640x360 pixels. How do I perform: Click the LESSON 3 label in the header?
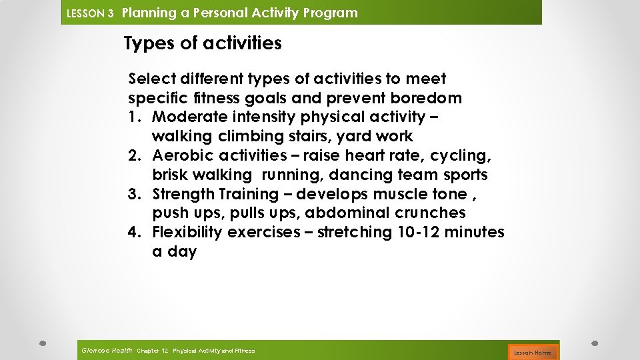tap(90, 13)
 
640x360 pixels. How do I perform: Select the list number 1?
tap(134, 117)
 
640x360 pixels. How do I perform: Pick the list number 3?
tap(134, 195)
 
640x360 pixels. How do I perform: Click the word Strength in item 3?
tap(183, 195)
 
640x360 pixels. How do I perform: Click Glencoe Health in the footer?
tap(106, 350)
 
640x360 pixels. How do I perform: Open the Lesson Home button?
tap(533, 352)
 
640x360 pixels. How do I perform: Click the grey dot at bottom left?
tap(41, 343)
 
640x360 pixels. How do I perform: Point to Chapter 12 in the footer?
tap(152, 351)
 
